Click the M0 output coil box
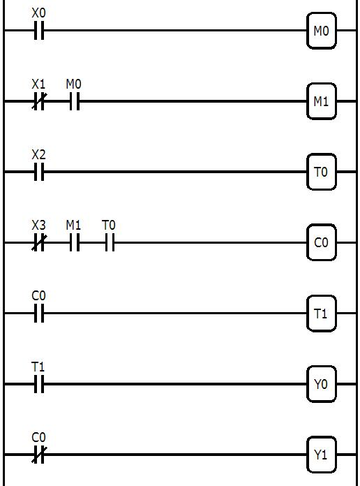point(321,31)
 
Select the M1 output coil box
point(321,101)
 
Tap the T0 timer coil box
point(321,172)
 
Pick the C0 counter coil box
point(321,243)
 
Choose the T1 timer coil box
point(321,314)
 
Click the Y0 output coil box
point(321,384)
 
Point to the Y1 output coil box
point(321,455)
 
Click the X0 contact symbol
point(39,31)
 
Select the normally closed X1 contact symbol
point(39,102)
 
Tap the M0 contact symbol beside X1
point(74,102)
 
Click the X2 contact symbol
point(39,172)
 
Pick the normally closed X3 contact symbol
point(39,243)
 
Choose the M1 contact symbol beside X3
point(74,243)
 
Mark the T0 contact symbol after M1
point(109,243)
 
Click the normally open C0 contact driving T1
point(39,314)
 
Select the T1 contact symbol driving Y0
point(39,384)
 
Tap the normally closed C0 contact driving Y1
point(39,455)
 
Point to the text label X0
point(39,13)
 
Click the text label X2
point(39,154)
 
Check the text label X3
point(39,225)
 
